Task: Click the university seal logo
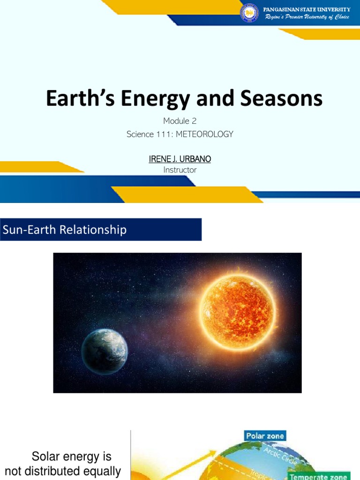coord(249,14)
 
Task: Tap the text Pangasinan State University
coord(307,9)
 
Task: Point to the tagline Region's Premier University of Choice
coord(307,17)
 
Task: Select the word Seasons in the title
coord(286,99)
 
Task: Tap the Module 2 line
coord(180,121)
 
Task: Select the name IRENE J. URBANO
coord(180,159)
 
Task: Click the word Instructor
coord(180,170)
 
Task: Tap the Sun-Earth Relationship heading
coord(65,230)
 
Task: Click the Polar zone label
coord(265,436)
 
